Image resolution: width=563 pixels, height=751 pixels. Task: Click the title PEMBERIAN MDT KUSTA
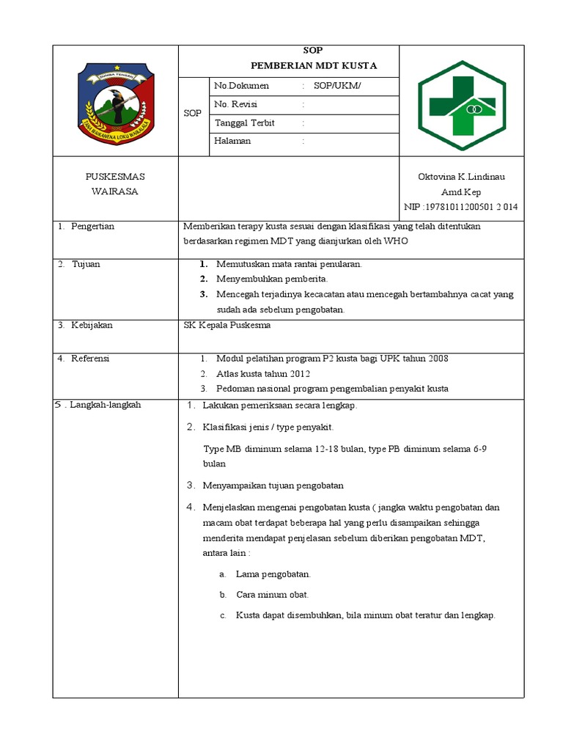click(313, 66)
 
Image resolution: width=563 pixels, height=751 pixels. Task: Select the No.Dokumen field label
click(242, 86)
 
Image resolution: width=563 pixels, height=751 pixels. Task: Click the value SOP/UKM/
click(337, 86)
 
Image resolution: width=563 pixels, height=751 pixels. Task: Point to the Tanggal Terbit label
click(244, 122)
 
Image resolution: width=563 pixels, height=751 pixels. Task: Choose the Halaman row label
click(232, 141)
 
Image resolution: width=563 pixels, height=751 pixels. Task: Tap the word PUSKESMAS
click(115, 177)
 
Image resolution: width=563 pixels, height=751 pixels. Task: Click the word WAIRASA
click(115, 191)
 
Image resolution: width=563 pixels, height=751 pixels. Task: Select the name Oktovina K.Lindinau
click(461, 177)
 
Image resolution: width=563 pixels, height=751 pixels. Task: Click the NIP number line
click(461, 207)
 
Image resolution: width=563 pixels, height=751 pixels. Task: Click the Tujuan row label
click(85, 264)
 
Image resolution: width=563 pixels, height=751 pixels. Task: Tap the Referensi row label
click(89, 359)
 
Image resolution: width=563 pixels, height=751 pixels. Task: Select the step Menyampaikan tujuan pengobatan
click(273, 486)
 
